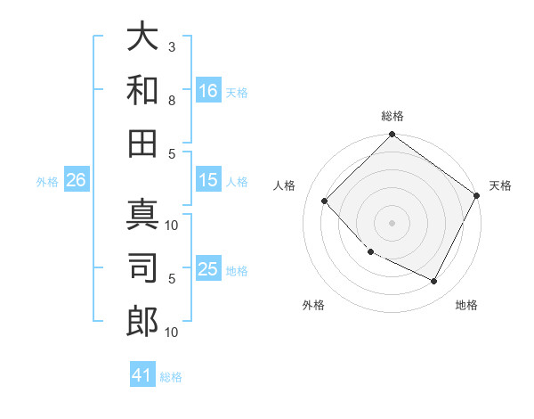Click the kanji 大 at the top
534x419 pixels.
pyautogui.click(x=142, y=39)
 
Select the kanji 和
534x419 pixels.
pyautogui.click(x=142, y=90)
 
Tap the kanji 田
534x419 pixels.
pyautogui.click(x=142, y=142)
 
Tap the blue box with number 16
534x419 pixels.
pyautogui.click(x=208, y=90)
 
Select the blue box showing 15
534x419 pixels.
pyautogui.click(x=208, y=180)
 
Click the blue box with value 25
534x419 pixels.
pyautogui.click(x=208, y=269)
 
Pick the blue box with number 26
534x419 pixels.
pyautogui.click(x=76, y=180)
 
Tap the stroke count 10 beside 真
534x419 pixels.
pyautogui.click(x=173, y=225)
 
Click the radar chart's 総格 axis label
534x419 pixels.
pyautogui.click(x=392, y=116)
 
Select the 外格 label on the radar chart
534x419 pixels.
pyautogui.click(x=313, y=305)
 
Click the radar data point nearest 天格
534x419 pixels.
pyautogui.click(x=476, y=195)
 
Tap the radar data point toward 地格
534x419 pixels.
pyautogui.click(x=434, y=281)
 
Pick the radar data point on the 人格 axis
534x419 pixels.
pyautogui.click(x=325, y=201)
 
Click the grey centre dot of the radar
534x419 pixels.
pyautogui.click(x=392, y=222)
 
